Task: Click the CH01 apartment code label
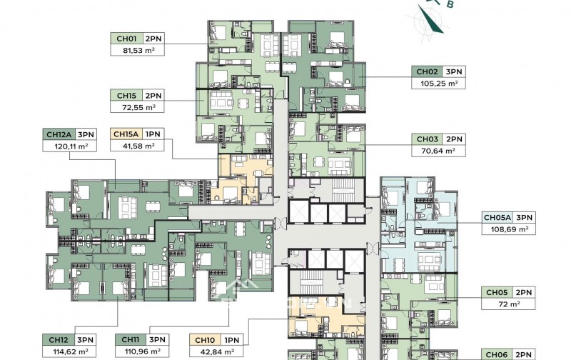126,39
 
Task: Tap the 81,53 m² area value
137,51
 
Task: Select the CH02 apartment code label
427,71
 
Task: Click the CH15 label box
126,95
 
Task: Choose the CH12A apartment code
59,134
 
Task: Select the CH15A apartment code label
126,134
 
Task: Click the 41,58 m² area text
137,146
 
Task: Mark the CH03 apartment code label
427,139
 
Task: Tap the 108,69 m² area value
509,229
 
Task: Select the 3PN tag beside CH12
86,339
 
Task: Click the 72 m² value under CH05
509,304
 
